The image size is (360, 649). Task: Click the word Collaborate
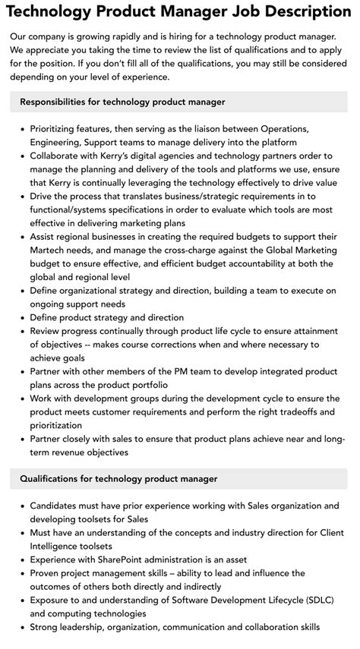57,156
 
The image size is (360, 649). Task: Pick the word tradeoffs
305,411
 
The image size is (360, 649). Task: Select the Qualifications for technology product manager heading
118,479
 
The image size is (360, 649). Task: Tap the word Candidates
58,506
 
